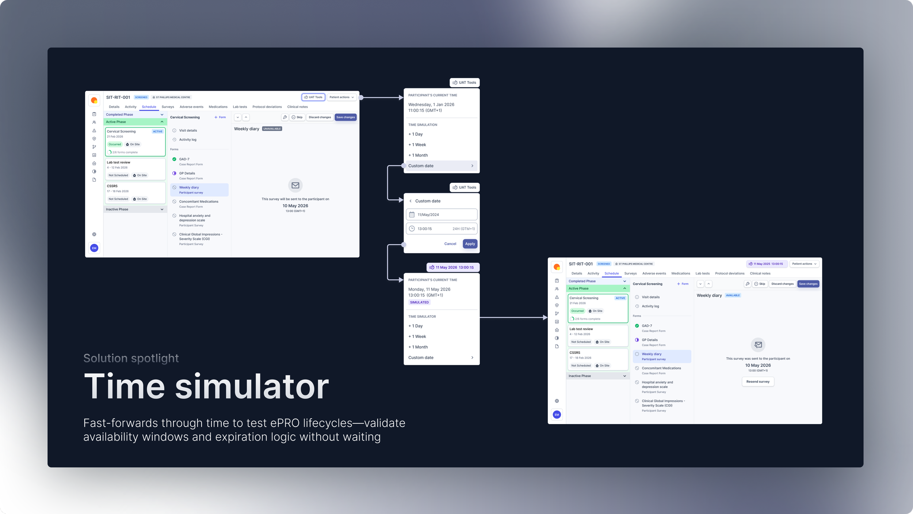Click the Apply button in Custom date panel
[470, 244]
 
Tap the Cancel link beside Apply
[450, 244]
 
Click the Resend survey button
[757, 382]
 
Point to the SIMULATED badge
[419, 302]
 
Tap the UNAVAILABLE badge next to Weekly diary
[272, 129]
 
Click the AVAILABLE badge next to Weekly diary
[733, 295]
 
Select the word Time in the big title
[125, 387]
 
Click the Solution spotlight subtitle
[131, 358]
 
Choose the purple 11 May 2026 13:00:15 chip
[453, 267]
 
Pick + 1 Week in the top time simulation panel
[417, 145]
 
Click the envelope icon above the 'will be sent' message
[295, 185]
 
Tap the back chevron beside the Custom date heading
[410, 201]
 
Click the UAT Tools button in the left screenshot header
[313, 97]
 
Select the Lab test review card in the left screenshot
[135, 169]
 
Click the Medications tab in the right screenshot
[680, 273]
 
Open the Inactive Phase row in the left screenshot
[135, 209]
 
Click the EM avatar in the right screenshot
[557, 415]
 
